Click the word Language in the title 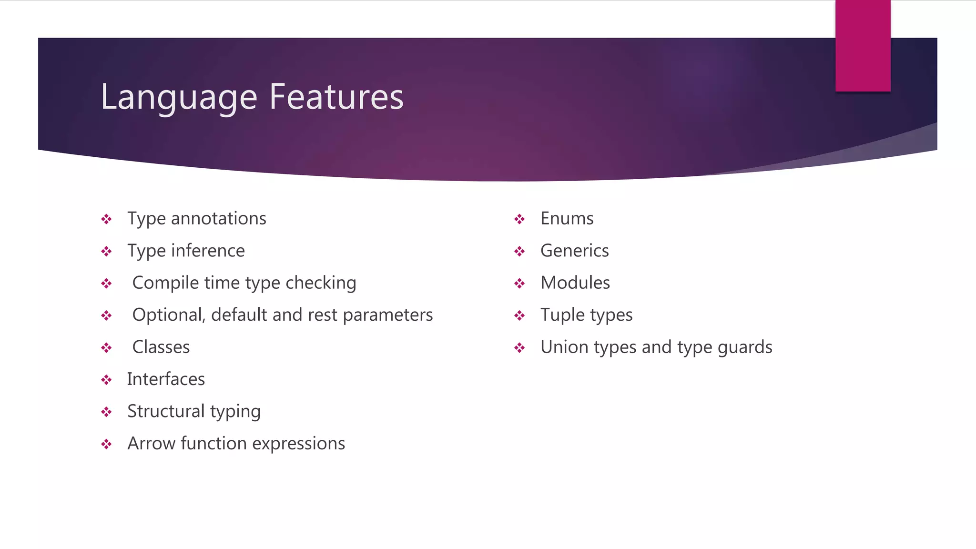coord(179,97)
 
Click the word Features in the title coord(336,97)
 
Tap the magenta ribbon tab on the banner coord(863,46)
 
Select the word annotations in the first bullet coord(218,219)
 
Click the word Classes coord(161,347)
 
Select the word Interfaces coord(166,379)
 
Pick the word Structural coord(166,411)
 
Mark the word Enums coord(567,219)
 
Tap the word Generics coord(574,251)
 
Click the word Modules coord(575,283)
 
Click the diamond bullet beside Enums coord(519,219)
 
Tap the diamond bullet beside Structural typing coord(106,412)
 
